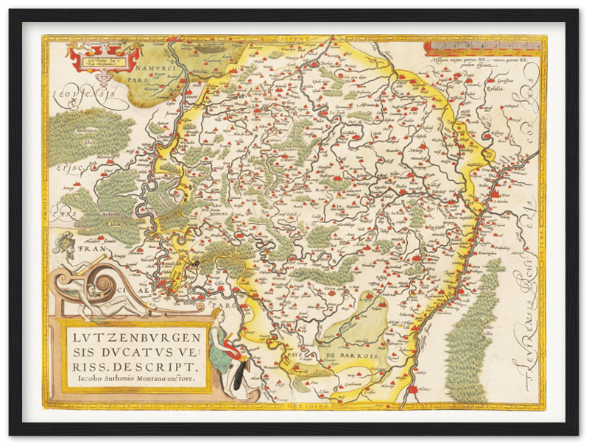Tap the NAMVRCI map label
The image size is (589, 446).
coord(150,66)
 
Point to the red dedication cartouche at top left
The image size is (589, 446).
coord(104,52)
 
